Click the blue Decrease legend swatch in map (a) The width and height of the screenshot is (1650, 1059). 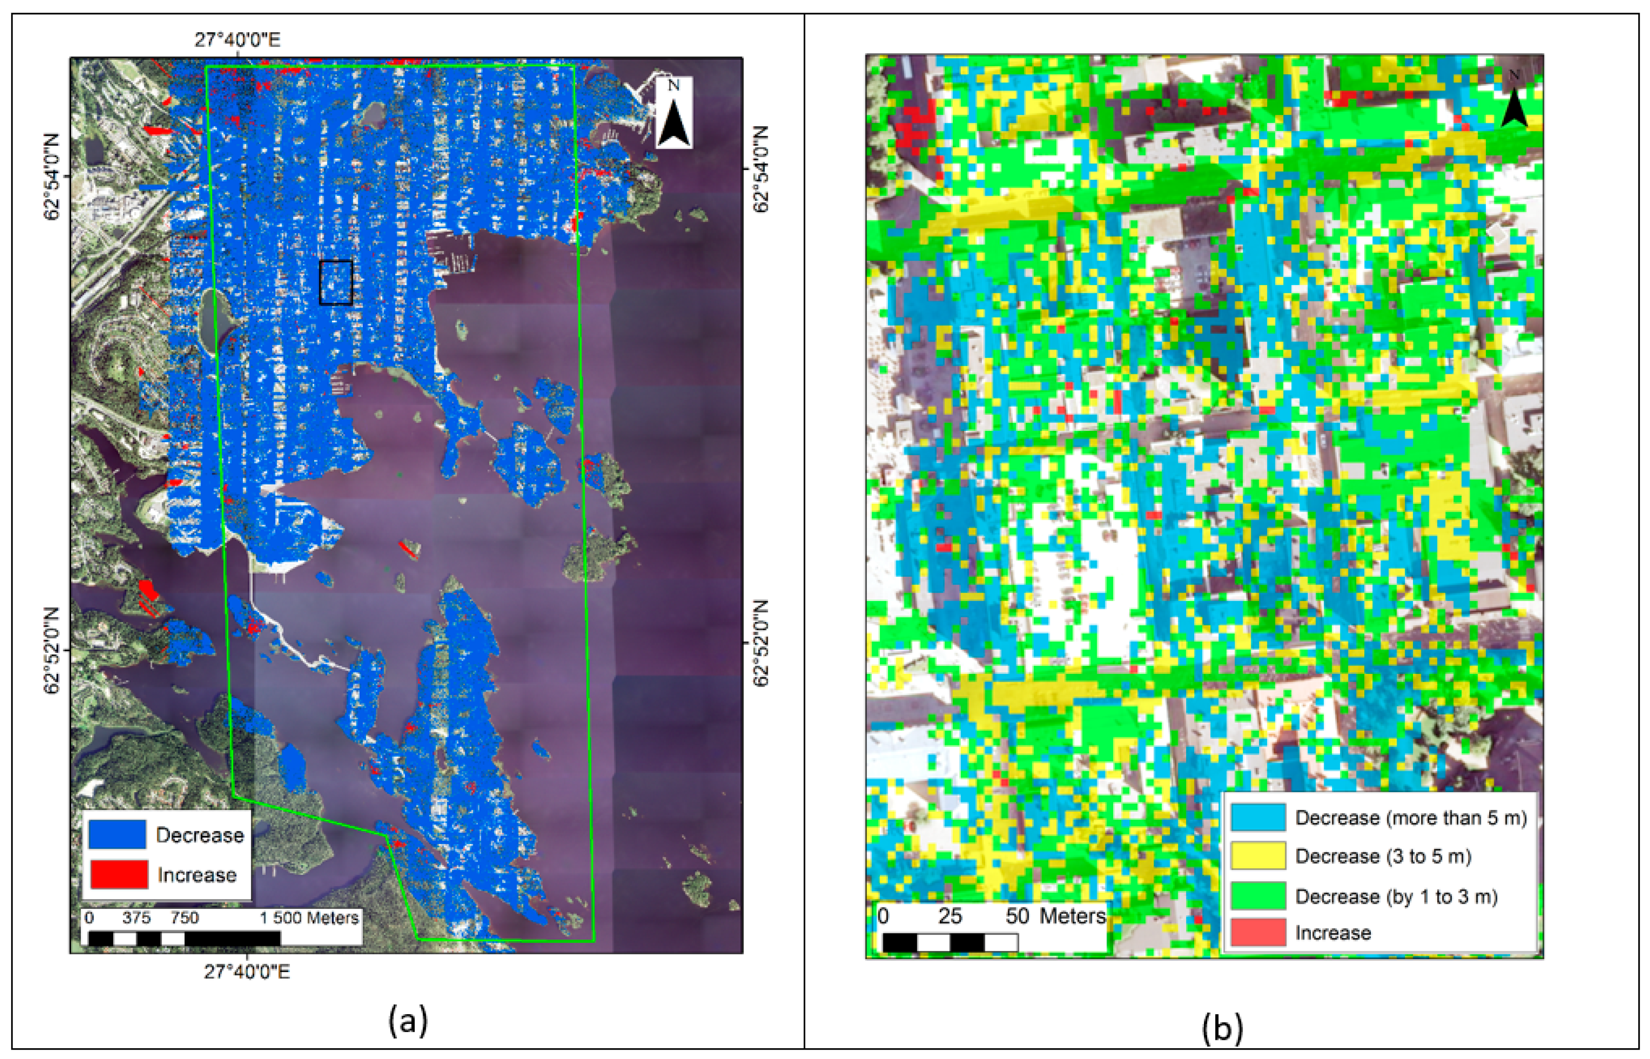pyautogui.click(x=117, y=834)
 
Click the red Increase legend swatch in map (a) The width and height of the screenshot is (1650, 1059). pyautogui.click(x=118, y=874)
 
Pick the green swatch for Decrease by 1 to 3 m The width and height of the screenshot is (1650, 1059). pyautogui.click(x=1257, y=896)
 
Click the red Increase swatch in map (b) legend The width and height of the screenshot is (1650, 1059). pyautogui.click(x=1257, y=932)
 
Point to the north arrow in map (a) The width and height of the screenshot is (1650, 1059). pyautogui.click(x=673, y=114)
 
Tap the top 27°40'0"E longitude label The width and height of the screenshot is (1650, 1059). pyautogui.click(x=238, y=40)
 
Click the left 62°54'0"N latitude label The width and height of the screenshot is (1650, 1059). pyautogui.click(x=53, y=176)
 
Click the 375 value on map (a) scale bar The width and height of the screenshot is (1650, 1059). pyautogui.click(x=136, y=918)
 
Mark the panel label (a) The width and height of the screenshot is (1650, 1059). pyautogui.click(x=408, y=1020)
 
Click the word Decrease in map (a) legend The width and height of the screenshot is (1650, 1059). pyautogui.click(x=200, y=835)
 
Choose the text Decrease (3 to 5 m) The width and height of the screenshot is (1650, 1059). pyautogui.click(x=1383, y=856)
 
